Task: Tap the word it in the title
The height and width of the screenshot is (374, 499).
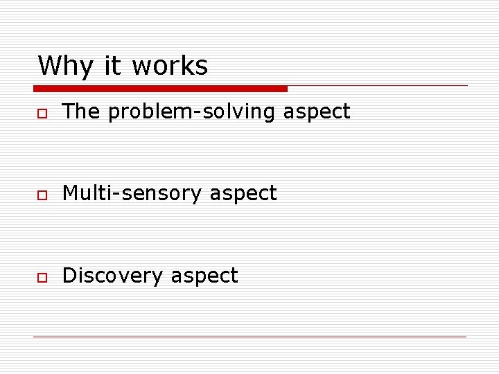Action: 113,66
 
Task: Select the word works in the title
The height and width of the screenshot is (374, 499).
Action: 169,66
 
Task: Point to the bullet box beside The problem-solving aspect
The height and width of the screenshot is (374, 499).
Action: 42,113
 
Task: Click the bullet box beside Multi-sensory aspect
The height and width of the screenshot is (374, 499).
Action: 42,195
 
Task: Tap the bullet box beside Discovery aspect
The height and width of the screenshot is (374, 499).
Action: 42,277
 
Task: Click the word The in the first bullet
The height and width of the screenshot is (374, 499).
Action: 81,111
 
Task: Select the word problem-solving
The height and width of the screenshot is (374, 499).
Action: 192,112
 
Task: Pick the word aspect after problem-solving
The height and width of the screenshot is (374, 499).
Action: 317,112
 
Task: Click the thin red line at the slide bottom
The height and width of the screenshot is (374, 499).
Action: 249,337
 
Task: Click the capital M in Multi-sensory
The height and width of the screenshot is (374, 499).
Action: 70,193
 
